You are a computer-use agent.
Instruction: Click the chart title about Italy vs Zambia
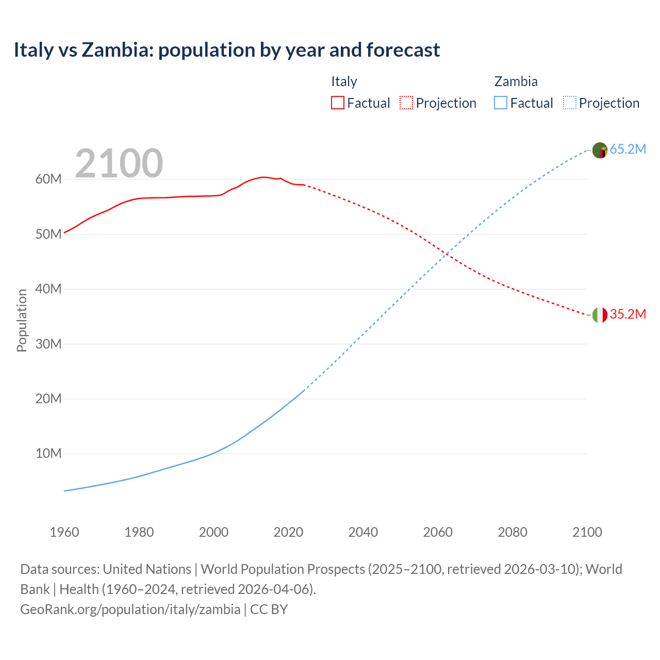[x=227, y=50]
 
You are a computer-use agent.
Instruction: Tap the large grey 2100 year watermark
[x=119, y=163]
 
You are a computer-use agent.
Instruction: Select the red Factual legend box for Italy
[x=337, y=103]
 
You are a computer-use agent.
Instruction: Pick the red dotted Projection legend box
[x=406, y=103]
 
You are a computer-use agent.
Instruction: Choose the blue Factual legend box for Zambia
[x=501, y=103]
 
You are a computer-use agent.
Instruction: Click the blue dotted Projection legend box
[x=569, y=103]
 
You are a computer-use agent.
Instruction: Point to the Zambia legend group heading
[x=516, y=81]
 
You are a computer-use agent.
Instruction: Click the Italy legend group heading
[x=344, y=81]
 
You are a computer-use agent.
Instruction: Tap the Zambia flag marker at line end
[x=600, y=150]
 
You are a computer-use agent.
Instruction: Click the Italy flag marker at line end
[x=600, y=315]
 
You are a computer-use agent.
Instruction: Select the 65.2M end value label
[x=628, y=150]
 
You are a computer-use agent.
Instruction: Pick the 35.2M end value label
[x=628, y=315]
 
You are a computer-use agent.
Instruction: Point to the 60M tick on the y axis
[x=48, y=179]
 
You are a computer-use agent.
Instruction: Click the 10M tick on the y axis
[x=48, y=454]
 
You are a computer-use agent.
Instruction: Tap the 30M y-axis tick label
[x=48, y=344]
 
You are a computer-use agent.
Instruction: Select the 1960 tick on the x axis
[x=64, y=532]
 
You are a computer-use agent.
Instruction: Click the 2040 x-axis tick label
[x=363, y=532]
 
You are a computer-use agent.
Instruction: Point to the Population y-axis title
[x=22, y=320]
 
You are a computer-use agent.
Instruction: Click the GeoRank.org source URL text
[x=130, y=609]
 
